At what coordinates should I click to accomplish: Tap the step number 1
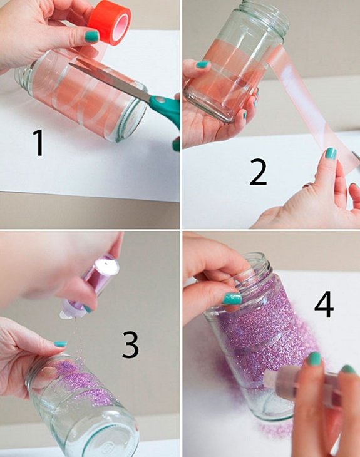[38, 143]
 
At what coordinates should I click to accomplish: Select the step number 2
[258, 172]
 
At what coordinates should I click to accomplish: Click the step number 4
[324, 304]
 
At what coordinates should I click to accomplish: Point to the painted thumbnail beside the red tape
[92, 37]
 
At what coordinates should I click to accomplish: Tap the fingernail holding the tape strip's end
[331, 153]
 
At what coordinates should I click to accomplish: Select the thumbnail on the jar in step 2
[203, 64]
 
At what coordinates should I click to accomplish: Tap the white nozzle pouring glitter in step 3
[67, 312]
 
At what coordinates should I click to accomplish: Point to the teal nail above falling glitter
[60, 344]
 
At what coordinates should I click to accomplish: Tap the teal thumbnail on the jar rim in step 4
[232, 299]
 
